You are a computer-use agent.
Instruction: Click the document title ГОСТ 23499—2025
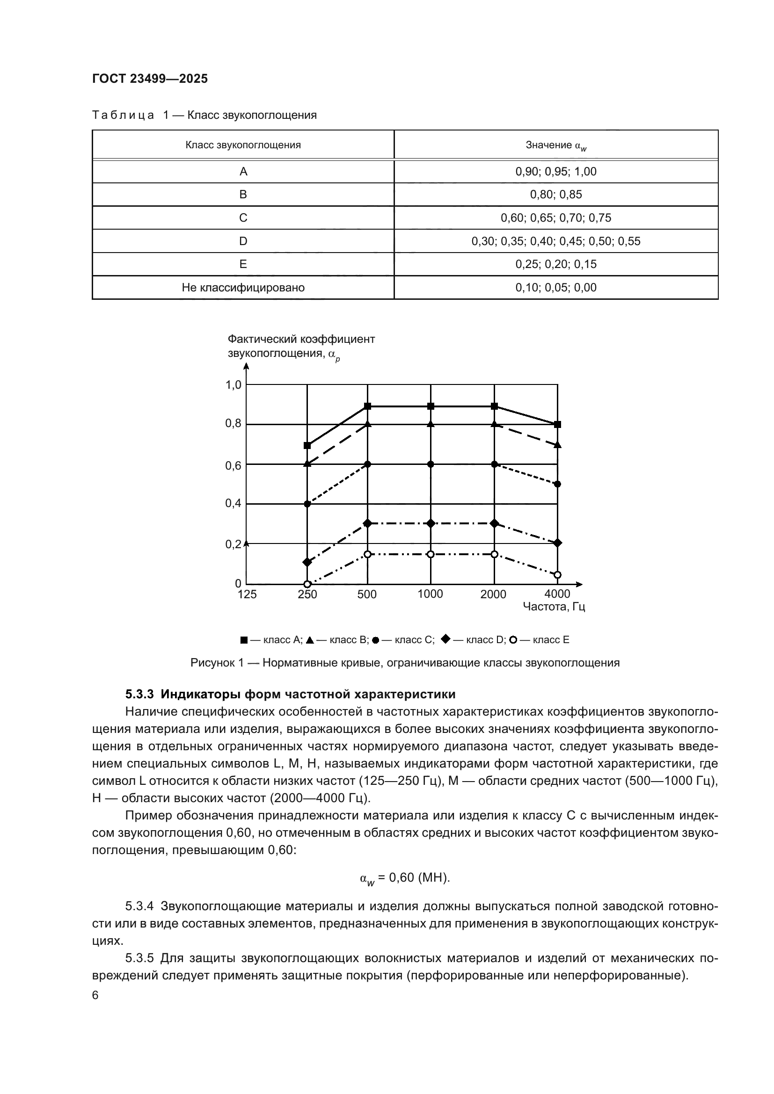pos(150,79)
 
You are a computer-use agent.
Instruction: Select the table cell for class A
pos(243,172)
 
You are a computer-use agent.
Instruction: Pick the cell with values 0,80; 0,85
pos(556,195)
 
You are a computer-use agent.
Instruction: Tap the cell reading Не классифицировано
pos(243,287)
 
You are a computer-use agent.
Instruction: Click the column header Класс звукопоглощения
pos(243,145)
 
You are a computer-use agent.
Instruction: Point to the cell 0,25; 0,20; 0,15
pos(556,264)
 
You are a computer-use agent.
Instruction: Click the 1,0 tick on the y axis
pos(234,384)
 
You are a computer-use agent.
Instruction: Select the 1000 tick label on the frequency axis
pos(430,594)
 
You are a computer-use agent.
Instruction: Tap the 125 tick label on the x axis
pos(247,594)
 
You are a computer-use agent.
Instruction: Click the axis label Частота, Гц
pos(554,607)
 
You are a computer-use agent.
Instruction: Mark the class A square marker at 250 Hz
pos(307,446)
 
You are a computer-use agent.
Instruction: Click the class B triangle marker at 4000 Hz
pos(558,445)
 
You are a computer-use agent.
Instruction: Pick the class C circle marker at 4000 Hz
pos(558,484)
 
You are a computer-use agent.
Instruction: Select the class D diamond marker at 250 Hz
pos(307,562)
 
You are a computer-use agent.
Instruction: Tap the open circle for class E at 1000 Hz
pos(431,554)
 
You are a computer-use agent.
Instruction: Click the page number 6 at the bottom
pos(95,995)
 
